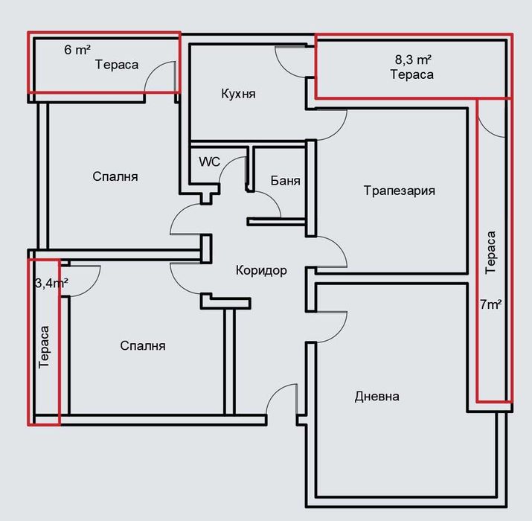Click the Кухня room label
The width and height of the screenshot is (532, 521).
tap(238, 94)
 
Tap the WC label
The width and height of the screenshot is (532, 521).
tap(209, 162)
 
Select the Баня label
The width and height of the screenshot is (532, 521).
tap(285, 181)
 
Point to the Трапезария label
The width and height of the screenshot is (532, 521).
tap(399, 191)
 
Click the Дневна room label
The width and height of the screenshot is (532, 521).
tap(377, 396)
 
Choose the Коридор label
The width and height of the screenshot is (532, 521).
tap(261, 270)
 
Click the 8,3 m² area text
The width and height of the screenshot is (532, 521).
tap(413, 60)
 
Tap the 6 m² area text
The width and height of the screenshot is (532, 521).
tap(77, 50)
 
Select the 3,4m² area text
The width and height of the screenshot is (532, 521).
tap(51, 282)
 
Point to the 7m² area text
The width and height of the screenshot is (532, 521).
tap(490, 304)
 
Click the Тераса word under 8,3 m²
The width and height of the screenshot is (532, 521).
tap(412, 74)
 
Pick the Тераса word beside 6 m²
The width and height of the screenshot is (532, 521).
tap(117, 65)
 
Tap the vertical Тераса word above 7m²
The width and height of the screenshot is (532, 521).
tap(490, 252)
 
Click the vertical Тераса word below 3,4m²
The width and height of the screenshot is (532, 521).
tap(44, 347)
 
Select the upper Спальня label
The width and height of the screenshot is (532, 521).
tap(115, 177)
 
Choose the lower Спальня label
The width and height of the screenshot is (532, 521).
tap(143, 346)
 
